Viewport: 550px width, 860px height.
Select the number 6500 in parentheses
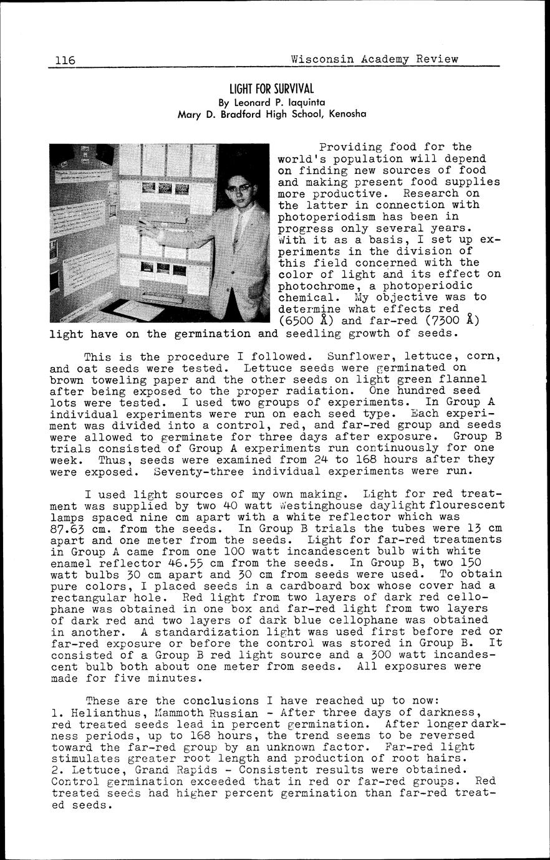[x=298, y=322]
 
